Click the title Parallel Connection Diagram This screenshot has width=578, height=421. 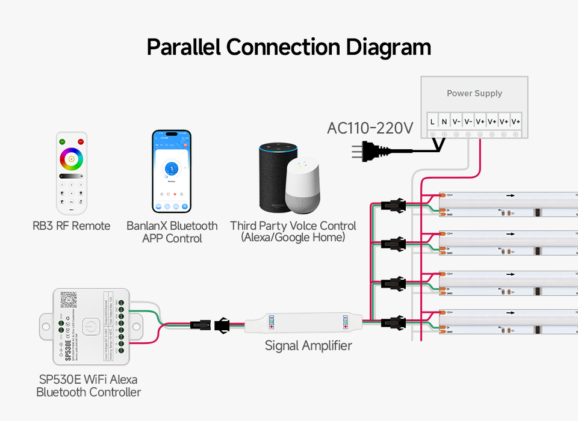[x=289, y=47]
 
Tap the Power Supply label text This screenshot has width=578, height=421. [x=474, y=93]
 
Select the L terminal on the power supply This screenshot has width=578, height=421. [x=433, y=121]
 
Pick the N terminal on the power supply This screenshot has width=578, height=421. [x=444, y=121]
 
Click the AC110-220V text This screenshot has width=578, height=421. [x=370, y=128]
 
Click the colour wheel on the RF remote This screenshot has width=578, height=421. [x=72, y=159]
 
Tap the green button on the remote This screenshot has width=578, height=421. [x=61, y=141]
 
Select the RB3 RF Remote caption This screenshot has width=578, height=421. [x=72, y=226]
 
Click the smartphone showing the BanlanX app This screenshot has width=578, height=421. [x=171, y=171]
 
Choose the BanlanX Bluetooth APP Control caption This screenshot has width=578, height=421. [x=172, y=232]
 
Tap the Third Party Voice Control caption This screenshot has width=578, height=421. [x=293, y=232]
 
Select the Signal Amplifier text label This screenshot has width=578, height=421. [x=308, y=346]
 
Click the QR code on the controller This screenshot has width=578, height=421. [x=69, y=300]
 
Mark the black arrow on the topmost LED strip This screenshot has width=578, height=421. [x=511, y=195]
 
